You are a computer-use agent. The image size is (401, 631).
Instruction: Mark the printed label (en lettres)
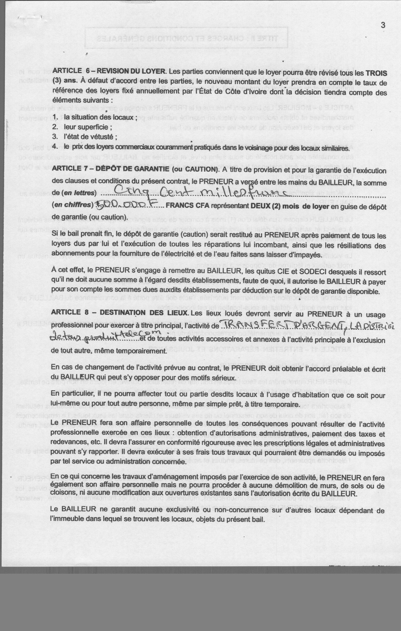pyautogui.click(x=79, y=193)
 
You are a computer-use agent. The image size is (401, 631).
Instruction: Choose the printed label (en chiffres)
pyautogui.click(x=73, y=205)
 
